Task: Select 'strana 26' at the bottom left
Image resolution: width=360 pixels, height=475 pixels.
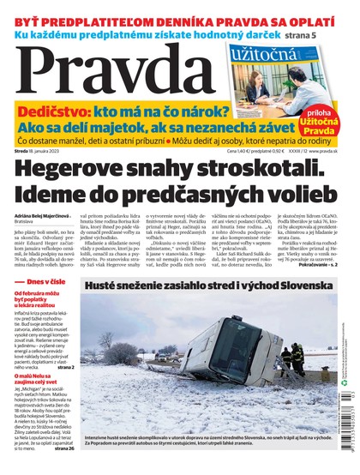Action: (63, 448)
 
